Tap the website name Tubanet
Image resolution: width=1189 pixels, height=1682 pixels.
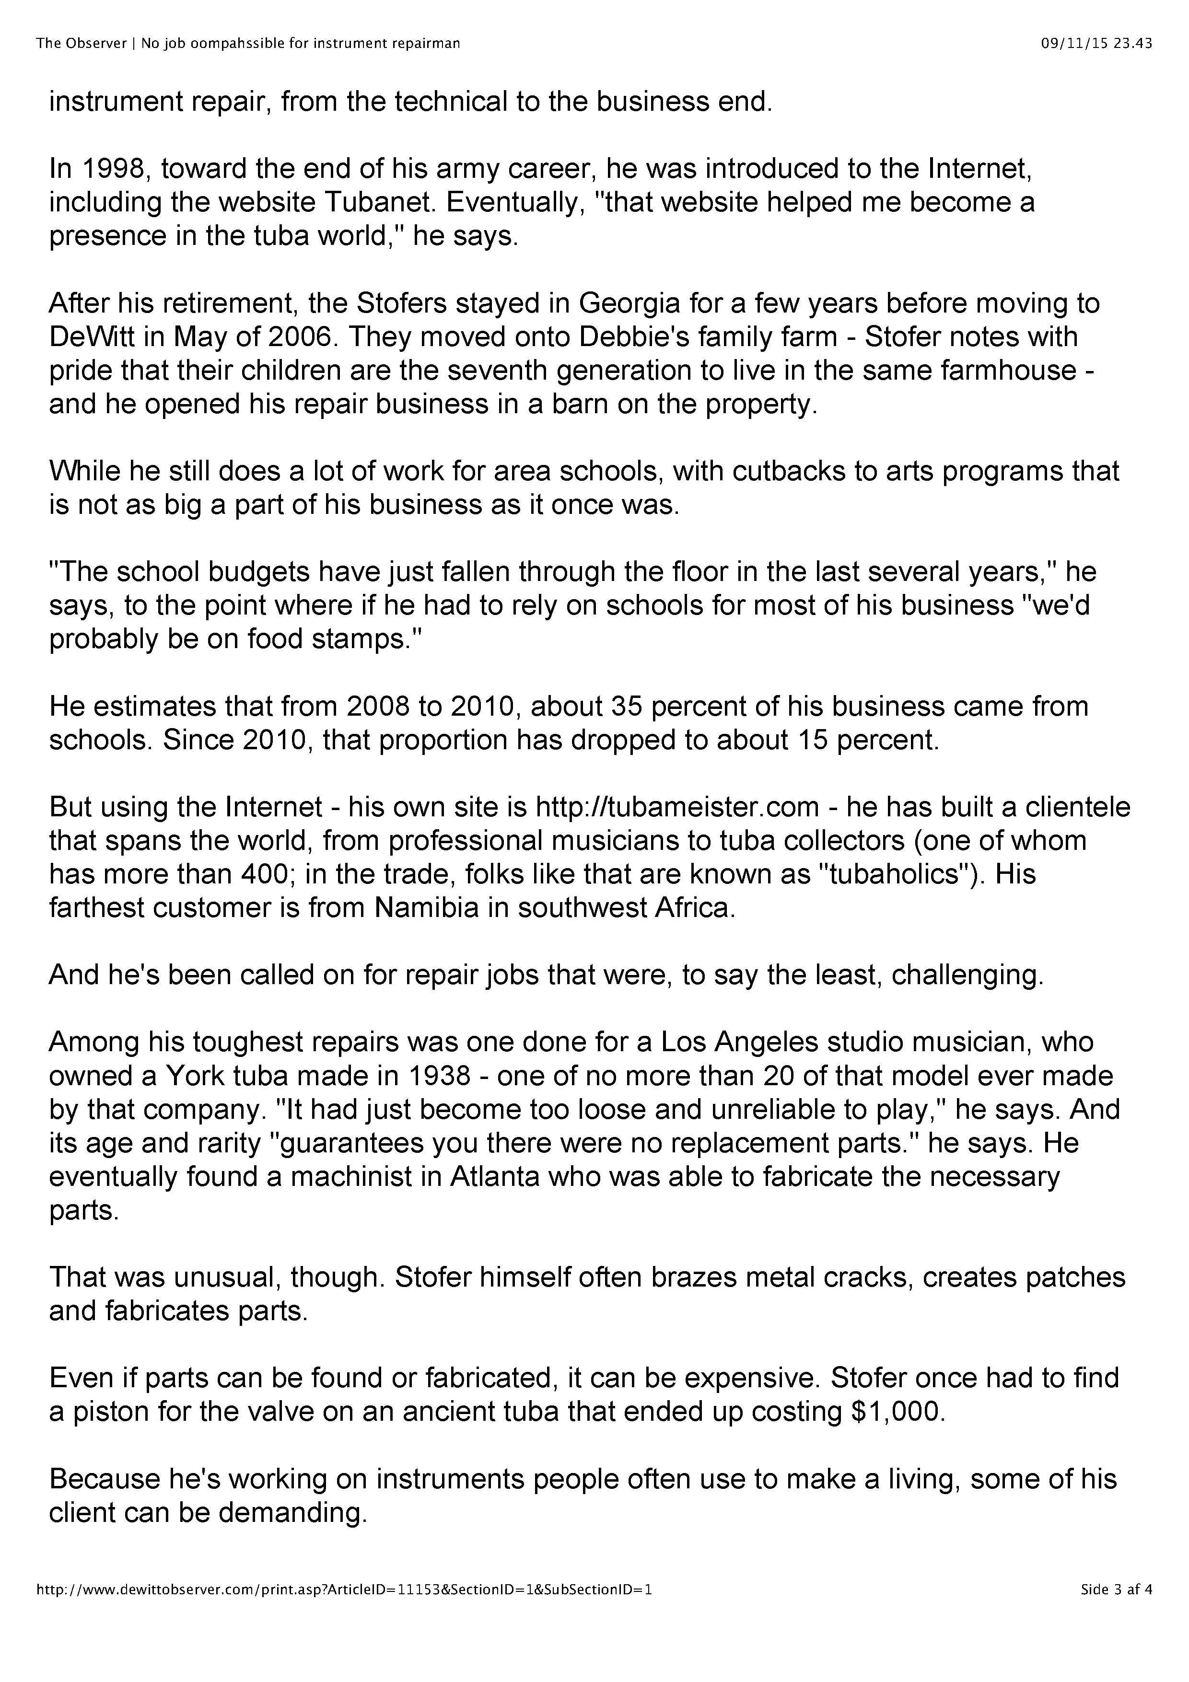click(x=402, y=202)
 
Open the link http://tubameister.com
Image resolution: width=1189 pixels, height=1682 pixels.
click(x=677, y=807)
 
